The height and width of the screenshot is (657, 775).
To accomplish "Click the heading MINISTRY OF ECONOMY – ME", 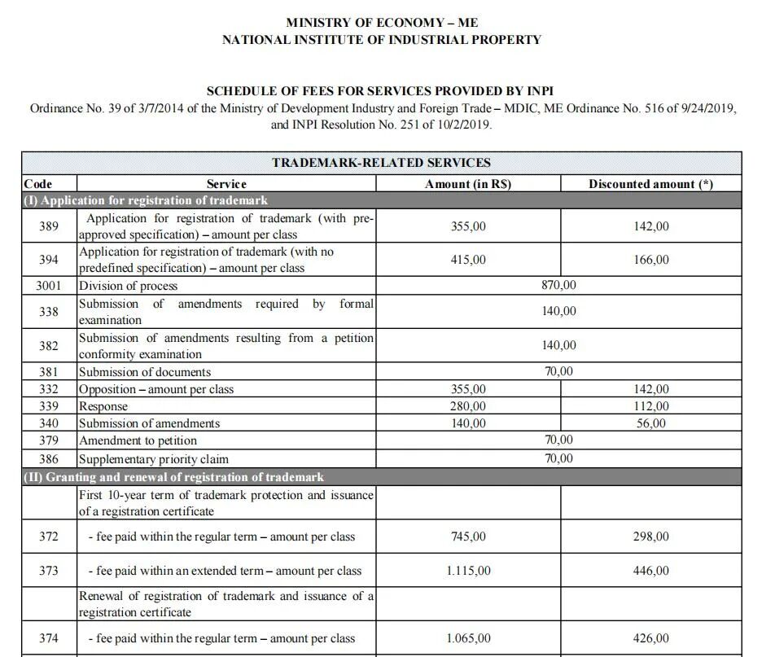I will click(382, 23).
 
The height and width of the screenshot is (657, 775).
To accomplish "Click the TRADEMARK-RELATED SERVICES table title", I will click(381, 163).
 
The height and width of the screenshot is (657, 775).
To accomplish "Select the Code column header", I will click(38, 184).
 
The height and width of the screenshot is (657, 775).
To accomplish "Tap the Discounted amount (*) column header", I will click(650, 184).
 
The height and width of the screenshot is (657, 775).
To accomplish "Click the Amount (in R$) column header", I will click(468, 184).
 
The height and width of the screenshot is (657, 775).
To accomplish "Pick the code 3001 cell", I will click(49, 286).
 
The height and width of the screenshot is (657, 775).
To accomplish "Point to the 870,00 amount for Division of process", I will click(558, 286).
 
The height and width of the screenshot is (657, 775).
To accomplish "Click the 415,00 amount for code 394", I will click(468, 260).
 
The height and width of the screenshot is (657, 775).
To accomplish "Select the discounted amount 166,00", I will click(651, 260).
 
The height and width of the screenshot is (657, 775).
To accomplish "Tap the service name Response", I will click(103, 406).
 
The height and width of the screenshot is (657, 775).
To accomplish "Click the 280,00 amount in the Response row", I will click(468, 406).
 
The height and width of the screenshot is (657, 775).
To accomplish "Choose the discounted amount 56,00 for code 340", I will click(651, 423).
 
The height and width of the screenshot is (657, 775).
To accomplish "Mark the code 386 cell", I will click(49, 459).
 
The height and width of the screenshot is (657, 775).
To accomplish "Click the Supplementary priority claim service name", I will click(154, 459).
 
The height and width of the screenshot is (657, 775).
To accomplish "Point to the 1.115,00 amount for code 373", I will click(468, 571).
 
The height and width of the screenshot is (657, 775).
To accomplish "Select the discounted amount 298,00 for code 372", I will click(651, 537).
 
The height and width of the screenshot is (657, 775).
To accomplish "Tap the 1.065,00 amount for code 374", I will click(468, 638).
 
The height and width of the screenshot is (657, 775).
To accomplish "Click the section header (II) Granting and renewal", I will click(173, 477).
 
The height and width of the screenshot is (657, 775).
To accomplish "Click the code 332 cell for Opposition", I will click(49, 389).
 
